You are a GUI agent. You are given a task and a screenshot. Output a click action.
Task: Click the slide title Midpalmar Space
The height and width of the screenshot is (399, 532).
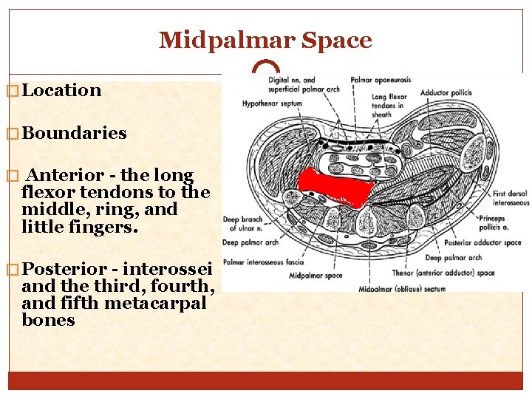pyautogui.click(x=265, y=40)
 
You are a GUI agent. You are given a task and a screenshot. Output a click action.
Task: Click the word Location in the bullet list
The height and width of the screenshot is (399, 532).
pyautogui.click(x=61, y=90)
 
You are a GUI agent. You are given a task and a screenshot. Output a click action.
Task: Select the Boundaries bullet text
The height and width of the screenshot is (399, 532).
pyautogui.click(x=74, y=133)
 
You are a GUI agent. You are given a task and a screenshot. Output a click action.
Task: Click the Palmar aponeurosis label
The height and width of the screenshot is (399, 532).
pyautogui.click(x=381, y=79)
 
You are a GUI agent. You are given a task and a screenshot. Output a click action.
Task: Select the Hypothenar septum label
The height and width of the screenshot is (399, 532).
pyautogui.click(x=272, y=104)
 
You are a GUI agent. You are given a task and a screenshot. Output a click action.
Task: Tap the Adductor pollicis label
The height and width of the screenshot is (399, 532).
pyautogui.click(x=446, y=92)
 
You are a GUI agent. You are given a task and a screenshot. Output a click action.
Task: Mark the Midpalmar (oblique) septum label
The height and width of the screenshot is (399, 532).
pyautogui.click(x=402, y=289)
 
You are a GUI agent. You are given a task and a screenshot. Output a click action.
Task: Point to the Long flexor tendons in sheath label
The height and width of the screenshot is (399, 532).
pyautogui.click(x=389, y=105)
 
